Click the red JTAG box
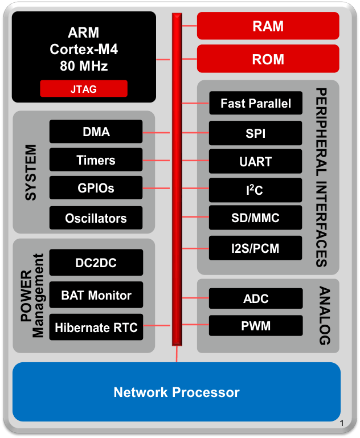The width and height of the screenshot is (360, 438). pyautogui.click(x=84, y=88)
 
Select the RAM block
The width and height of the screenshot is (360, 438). pyautogui.click(x=268, y=26)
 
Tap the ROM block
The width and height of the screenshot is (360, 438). pyautogui.click(x=268, y=59)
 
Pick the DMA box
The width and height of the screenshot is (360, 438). pyautogui.click(x=96, y=132)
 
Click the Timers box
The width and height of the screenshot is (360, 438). pyautogui.click(x=96, y=160)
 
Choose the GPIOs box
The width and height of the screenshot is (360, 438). pyautogui.click(x=96, y=189)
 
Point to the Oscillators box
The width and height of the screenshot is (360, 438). pyautogui.click(x=96, y=218)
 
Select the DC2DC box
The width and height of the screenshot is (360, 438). pyautogui.click(x=96, y=263)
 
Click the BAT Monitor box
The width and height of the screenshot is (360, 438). pyautogui.click(x=96, y=295)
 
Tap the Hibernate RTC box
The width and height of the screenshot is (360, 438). pyautogui.click(x=96, y=328)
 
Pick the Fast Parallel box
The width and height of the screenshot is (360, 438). pyautogui.click(x=256, y=104)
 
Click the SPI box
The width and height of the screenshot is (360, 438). pyautogui.click(x=256, y=133)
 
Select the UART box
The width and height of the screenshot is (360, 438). pyautogui.click(x=256, y=162)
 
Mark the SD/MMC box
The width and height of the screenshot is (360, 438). pyautogui.click(x=256, y=218)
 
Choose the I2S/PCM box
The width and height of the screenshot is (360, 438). pyautogui.click(x=256, y=248)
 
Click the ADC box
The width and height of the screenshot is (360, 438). pyautogui.click(x=256, y=298)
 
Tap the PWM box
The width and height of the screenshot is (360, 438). pyautogui.click(x=256, y=326)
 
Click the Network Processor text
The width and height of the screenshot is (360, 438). pyautogui.click(x=177, y=392)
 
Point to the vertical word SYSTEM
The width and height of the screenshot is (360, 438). pyautogui.click(x=31, y=172)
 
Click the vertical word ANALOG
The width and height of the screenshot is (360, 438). pyautogui.click(x=324, y=316)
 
